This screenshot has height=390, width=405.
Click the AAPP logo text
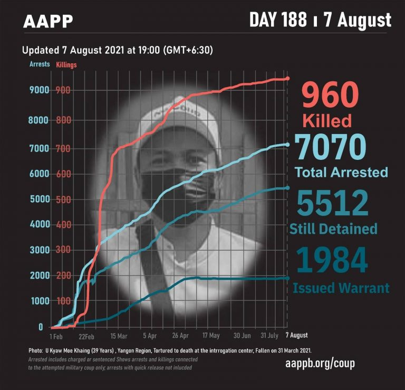pos(48,21)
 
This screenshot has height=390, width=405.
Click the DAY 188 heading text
pos(278,20)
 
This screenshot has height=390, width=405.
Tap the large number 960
pos(330,97)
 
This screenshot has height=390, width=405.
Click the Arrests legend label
pos(40,64)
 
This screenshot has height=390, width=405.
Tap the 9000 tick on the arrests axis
pos(38,90)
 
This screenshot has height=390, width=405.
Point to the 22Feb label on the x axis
pos(86,336)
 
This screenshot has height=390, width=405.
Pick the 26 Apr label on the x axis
pos(180,336)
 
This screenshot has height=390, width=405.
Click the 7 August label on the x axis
pos(297,335)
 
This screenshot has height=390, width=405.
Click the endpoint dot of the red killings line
pos(287,79)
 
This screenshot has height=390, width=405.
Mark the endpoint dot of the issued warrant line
pos(287,278)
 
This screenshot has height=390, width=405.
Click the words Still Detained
pos(333,229)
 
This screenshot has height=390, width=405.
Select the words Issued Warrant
pos(341,288)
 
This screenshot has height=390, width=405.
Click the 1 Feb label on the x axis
pos(56,336)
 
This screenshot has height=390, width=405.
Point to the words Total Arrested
pos(341,172)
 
